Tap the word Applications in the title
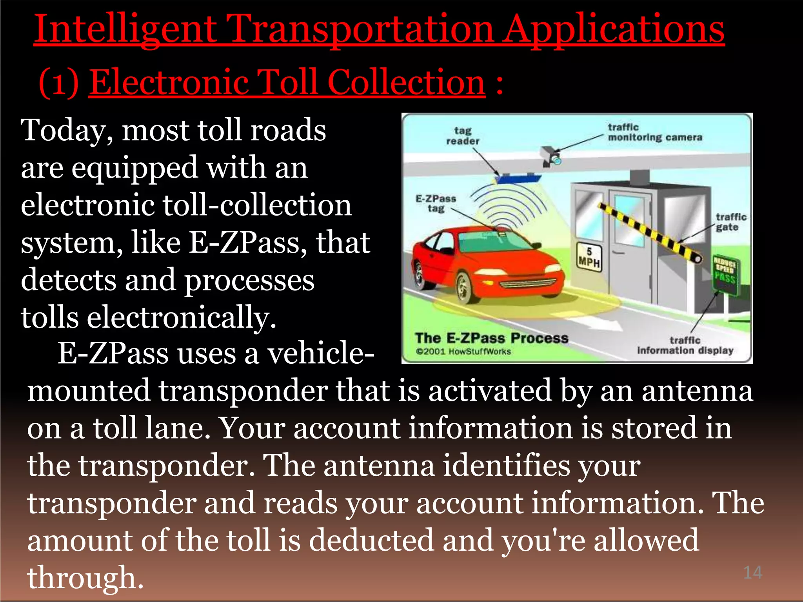(614, 29)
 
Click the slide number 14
(752, 573)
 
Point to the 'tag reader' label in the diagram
(463, 136)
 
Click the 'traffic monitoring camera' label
(655, 132)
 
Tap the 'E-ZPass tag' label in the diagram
(436, 203)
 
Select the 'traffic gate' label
(730, 222)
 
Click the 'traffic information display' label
(685, 345)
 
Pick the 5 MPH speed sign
(589, 256)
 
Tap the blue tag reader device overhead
(518, 179)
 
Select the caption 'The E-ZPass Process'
(491, 338)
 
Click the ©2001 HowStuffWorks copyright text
(463, 352)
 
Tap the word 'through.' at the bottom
(85, 578)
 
